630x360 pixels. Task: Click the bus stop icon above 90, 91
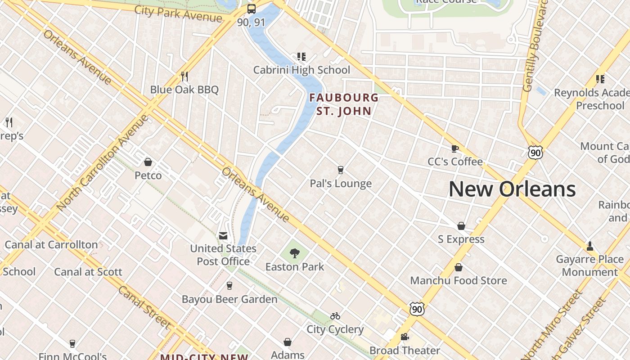pos(252,9)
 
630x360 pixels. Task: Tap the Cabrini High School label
pos(301,70)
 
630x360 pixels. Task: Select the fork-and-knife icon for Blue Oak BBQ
pos(184,76)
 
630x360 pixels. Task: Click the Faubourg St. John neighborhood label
pos(344,104)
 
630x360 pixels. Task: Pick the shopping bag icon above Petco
pos(148,162)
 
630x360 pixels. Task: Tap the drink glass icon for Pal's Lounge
pos(341,170)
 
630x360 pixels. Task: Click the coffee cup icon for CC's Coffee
pos(455,148)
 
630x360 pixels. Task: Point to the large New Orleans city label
pos(512,189)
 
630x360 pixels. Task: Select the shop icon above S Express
pos(461,226)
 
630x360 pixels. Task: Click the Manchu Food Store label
pos(459,280)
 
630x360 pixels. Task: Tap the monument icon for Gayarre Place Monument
pos(589,246)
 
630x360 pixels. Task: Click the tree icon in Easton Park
pos(295,253)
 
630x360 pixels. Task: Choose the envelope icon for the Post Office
pos(223,236)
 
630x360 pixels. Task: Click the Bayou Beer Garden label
pos(229,299)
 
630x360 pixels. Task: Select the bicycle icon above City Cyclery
pos(335,316)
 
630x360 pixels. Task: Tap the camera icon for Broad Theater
pos(405,337)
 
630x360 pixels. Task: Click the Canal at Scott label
pos(88,272)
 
